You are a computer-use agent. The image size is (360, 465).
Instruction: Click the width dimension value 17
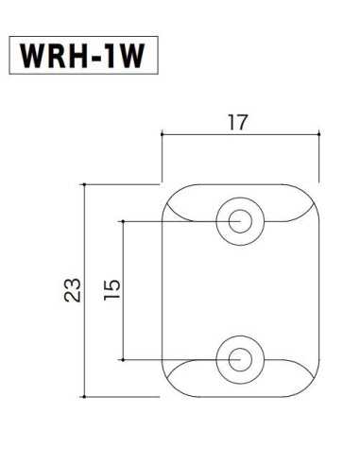238,122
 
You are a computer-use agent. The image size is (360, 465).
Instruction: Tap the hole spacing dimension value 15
113,289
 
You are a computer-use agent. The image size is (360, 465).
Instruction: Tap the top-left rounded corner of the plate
170,193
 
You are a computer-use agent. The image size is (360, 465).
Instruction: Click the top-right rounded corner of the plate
309,193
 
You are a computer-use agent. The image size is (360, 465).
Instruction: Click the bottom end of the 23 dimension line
86,397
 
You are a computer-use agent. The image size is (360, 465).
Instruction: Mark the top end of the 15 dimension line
126,221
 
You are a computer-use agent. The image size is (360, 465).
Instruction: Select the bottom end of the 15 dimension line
126,359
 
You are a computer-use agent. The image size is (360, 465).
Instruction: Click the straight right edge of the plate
317,290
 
